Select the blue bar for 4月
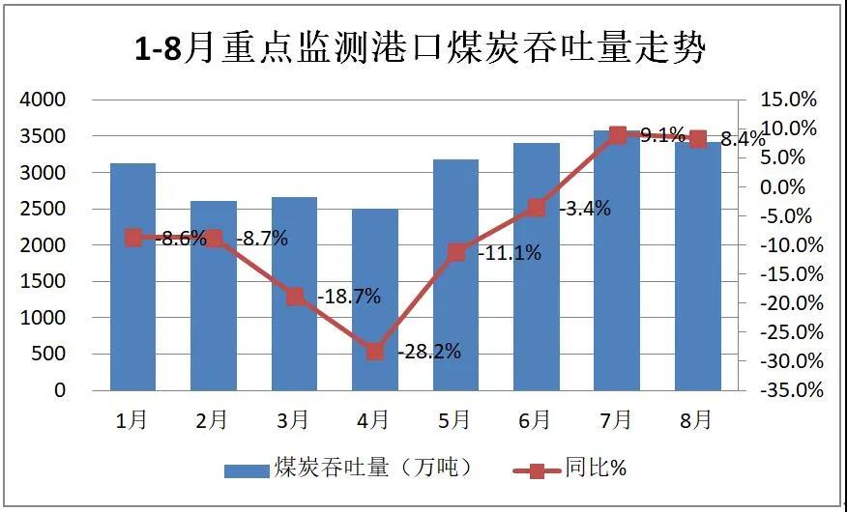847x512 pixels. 375,299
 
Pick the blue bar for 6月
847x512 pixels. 537,267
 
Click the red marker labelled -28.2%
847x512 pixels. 375,352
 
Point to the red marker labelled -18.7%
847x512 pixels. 295,297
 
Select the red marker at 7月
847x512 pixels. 617,135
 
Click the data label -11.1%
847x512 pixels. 510,253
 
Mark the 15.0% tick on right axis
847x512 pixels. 789,100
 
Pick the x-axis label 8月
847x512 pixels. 696,419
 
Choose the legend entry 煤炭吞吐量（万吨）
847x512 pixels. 348,469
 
